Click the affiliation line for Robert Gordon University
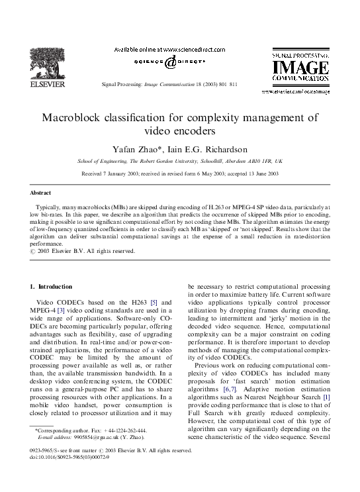(x=180, y=161)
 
